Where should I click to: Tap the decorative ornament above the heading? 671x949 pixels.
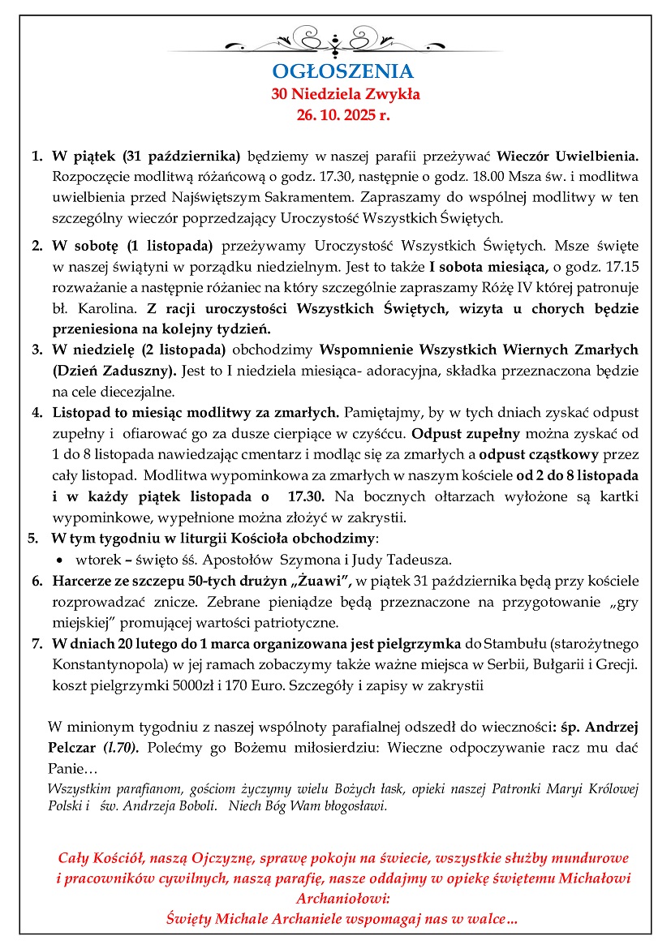click(x=334, y=38)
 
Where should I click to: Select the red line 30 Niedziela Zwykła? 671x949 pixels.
click(x=346, y=94)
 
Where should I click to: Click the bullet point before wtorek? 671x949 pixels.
click(x=60, y=560)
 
